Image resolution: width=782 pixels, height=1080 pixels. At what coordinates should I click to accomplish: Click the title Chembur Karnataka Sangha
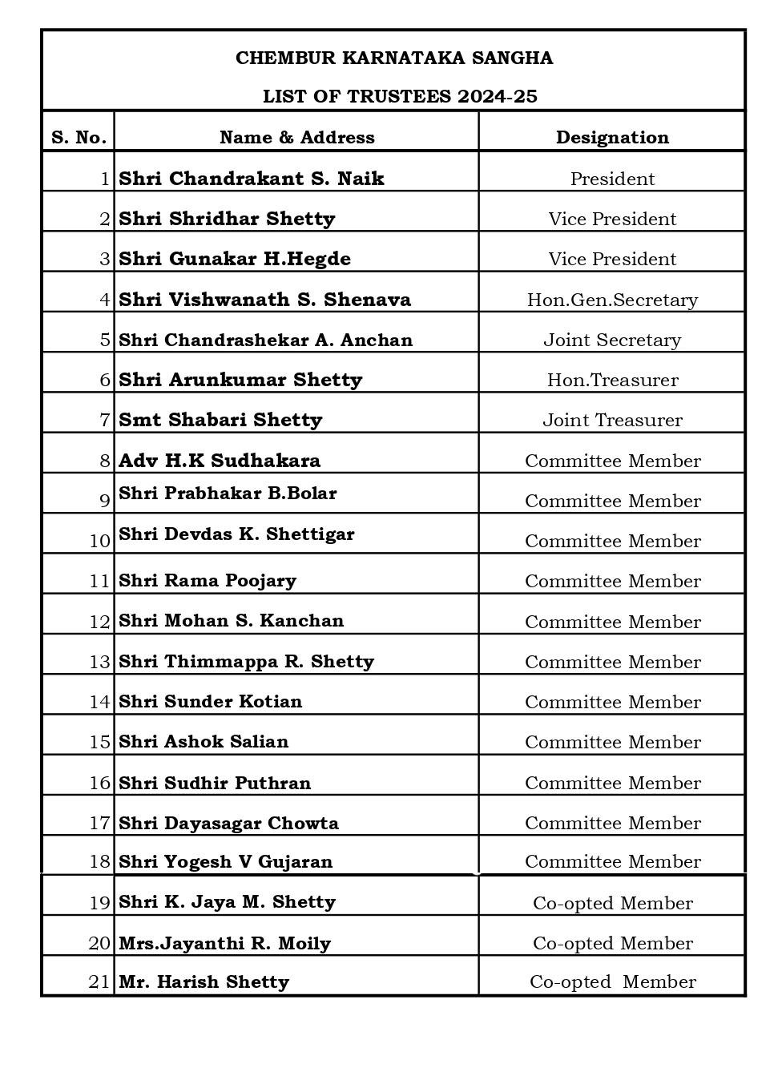tap(393, 58)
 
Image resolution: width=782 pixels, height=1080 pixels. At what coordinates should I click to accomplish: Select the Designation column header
tap(612, 138)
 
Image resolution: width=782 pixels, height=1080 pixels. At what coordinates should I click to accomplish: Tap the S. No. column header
tap(79, 138)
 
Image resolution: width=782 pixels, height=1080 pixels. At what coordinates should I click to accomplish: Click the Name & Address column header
tap(296, 138)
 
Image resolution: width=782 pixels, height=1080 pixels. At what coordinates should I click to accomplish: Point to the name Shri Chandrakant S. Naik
tap(252, 179)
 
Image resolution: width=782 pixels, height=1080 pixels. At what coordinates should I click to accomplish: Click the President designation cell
tap(612, 179)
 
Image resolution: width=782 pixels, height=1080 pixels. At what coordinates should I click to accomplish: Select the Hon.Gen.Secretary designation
tap(612, 300)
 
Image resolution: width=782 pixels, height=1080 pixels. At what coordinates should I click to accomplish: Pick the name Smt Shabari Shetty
tap(220, 420)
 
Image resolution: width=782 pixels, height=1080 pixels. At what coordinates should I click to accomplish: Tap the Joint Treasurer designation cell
tap(612, 421)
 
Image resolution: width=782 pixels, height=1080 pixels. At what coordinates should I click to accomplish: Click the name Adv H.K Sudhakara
tap(220, 461)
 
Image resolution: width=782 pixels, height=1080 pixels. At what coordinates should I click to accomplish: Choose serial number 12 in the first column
tap(99, 623)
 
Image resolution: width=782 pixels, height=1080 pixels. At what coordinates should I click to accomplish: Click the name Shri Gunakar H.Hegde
tap(235, 259)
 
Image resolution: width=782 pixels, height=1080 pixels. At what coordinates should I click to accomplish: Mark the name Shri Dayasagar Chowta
tap(228, 824)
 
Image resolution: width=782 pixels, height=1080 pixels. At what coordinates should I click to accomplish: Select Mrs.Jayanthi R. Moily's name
tap(224, 944)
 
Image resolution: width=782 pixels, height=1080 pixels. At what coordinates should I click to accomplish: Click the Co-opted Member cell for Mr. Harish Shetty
tap(612, 982)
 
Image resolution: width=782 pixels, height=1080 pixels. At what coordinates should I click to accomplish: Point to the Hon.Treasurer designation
tap(612, 381)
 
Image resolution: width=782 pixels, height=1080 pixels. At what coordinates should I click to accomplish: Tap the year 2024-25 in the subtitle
tap(497, 97)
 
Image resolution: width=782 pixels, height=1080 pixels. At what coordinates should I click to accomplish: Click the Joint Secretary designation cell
tap(612, 341)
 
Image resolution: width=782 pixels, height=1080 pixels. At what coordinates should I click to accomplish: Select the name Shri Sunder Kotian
tap(211, 702)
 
